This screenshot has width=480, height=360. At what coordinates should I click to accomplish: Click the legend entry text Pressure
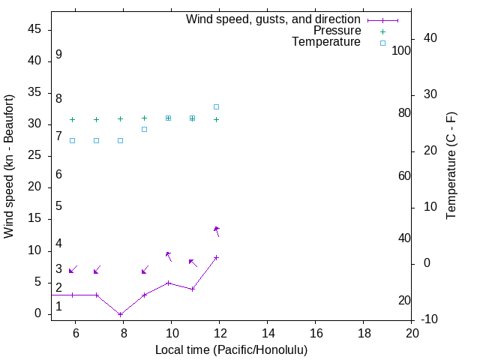click(x=337, y=31)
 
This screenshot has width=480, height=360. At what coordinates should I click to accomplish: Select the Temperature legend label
click(x=326, y=42)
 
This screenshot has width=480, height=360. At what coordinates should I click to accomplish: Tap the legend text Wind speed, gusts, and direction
click(x=274, y=19)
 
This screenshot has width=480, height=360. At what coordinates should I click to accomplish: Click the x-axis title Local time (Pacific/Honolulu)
click(x=231, y=349)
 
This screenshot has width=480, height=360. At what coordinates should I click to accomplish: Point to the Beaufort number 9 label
click(x=58, y=55)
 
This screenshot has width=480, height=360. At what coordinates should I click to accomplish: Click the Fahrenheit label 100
click(x=401, y=51)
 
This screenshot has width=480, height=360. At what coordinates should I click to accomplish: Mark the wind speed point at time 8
click(x=120, y=314)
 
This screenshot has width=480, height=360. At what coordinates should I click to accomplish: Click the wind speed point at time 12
click(x=217, y=257)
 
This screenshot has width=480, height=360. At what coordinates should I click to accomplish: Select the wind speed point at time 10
click(x=169, y=283)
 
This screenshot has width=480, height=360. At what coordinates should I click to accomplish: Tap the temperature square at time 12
click(x=217, y=106)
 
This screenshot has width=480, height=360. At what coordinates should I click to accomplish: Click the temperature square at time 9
click(x=145, y=129)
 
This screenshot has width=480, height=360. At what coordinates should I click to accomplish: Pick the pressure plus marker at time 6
click(x=73, y=119)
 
